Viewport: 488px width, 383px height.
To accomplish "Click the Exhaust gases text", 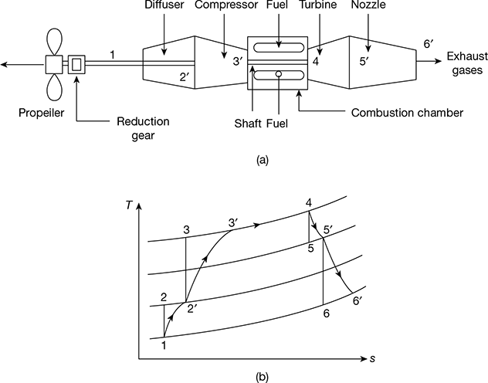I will tap(466, 65).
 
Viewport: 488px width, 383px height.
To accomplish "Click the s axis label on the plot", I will tap(372, 359).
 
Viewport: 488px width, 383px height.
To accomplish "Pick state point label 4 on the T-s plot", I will tap(309, 204).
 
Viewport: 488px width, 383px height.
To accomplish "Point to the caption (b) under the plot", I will tap(263, 378).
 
